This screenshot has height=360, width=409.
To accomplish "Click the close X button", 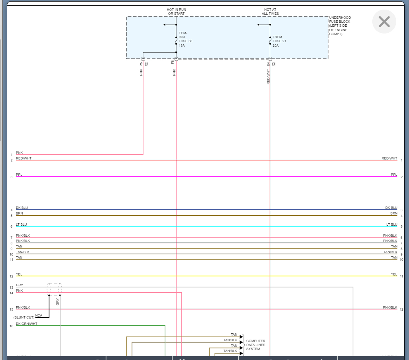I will point(384,22).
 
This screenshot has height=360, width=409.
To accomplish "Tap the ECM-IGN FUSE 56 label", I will point(185,39).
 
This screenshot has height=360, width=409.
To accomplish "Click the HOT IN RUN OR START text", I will point(176,11).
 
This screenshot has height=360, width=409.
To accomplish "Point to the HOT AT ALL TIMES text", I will point(270,11).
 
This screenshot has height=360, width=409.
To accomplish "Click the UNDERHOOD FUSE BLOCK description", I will point(340,26).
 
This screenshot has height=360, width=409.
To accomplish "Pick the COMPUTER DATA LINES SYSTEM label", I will point(256,345).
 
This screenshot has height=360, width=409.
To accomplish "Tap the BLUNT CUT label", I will point(24,317).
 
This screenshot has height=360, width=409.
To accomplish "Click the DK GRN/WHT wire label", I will point(27,324).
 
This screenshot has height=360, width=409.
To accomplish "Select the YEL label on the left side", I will point(19,274).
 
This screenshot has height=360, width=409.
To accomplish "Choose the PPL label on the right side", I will point(394,175).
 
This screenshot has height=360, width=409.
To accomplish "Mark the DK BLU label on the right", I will point(391,208).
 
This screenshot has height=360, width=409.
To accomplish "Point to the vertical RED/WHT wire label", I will point(268,76).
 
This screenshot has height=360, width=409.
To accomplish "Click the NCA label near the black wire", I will point(39,315).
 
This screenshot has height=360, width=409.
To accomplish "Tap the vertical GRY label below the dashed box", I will point(57,302).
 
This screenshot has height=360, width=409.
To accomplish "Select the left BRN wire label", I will point(20,213).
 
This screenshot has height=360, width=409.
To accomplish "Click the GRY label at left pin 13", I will point(20,285).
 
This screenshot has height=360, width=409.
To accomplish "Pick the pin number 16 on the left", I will point(12,326).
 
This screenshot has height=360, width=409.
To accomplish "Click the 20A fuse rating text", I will point(275,45).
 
